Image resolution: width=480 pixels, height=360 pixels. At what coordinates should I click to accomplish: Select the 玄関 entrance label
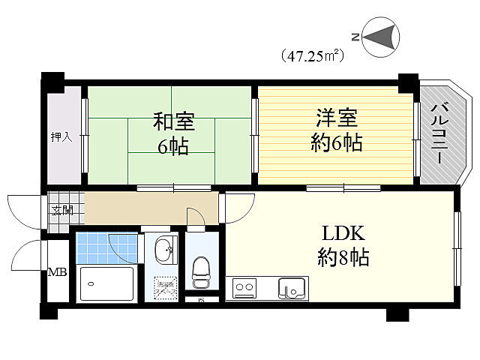[62, 210]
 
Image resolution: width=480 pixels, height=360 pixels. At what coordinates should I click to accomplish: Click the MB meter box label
[58, 271]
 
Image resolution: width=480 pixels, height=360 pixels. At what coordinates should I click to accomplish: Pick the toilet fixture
[202, 271]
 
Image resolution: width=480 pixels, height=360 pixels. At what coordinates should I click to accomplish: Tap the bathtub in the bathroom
[106, 283]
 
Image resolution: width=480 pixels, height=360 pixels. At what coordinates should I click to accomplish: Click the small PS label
[200, 301]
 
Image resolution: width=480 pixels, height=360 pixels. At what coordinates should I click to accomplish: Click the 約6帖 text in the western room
[337, 142]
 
